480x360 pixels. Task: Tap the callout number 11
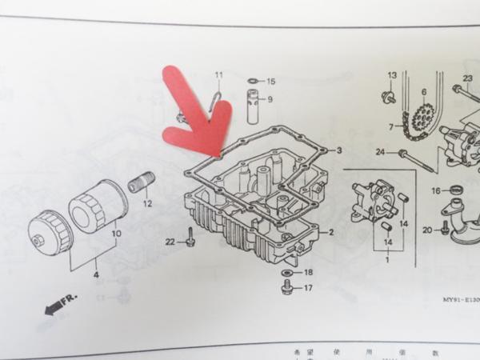pyautogui.click(x=218, y=76)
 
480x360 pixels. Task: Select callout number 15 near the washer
pyautogui.click(x=270, y=82)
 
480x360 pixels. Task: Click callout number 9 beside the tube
pyautogui.click(x=270, y=99)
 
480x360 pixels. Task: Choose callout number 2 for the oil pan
pyautogui.click(x=331, y=232)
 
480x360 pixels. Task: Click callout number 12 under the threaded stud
pyautogui.click(x=147, y=204)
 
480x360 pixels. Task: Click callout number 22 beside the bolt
pyautogui.click(x=170, y=242)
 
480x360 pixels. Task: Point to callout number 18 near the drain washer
pyautogui.click(x=309, y=273)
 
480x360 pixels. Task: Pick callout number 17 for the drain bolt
pyautogui.click(x=309, y=288)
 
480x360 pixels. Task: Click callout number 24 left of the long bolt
pyautogui.click(x=381, y=152)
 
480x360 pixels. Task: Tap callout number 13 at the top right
pyautogui.click(x=392, y=75)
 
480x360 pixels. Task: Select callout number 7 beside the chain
pyautogui.click(x=392, y=127)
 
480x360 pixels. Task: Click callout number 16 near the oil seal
pyautogui.click(x=436, y=190)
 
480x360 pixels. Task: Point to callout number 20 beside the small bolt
pyautogui.click(x=427, y=230)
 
